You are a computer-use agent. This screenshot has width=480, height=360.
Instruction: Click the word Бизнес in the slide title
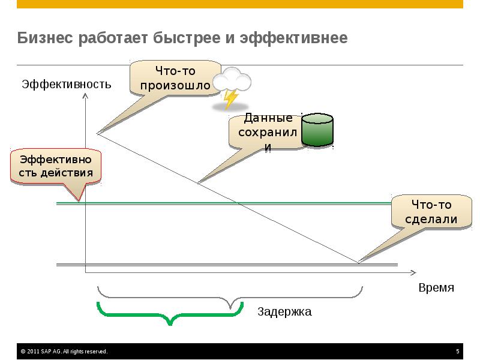pyautogui.click(x=44, y=38)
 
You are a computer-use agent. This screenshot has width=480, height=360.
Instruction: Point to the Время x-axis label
pyautogui.click(x=436, y=287)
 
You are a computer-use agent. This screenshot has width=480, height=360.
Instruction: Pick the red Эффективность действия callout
pyautogui.click(x=56, y=166)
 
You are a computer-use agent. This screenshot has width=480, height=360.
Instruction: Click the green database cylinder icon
pyautogui.click(x=317, y=130)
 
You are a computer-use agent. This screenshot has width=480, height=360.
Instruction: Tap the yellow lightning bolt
pyautogui.click(x=230, y=98)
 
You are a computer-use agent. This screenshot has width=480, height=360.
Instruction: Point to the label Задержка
pyautogui.click(x=285, y=312)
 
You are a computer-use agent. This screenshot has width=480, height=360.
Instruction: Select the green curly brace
pyautogui.click(x=170, y=314)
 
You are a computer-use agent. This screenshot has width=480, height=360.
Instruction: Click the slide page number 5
pyautogui.click(x=458, y=352)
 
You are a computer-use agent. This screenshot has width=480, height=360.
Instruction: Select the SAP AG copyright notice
pyautogui.click(x=64, y=352)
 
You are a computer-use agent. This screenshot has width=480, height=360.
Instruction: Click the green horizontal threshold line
pyautogui.click(x=240, y=204)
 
